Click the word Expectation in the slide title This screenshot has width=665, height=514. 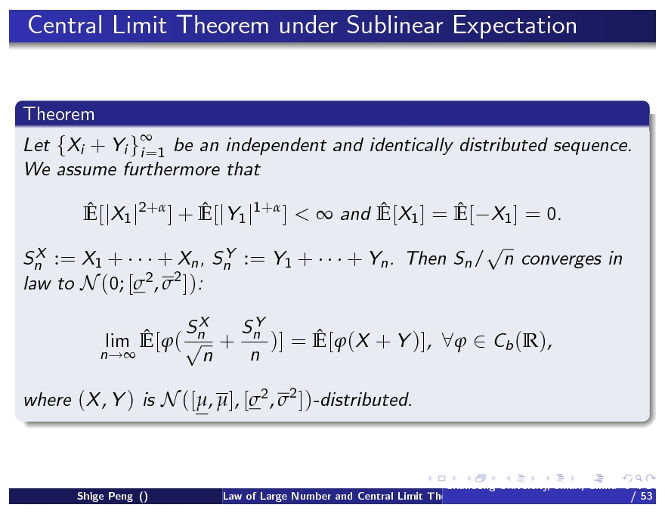[x=515, y=26]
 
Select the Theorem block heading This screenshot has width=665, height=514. [x=59, y=114]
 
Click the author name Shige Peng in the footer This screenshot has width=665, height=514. [x=107, y=497]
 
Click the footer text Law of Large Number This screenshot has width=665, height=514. [x=277, y=497]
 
